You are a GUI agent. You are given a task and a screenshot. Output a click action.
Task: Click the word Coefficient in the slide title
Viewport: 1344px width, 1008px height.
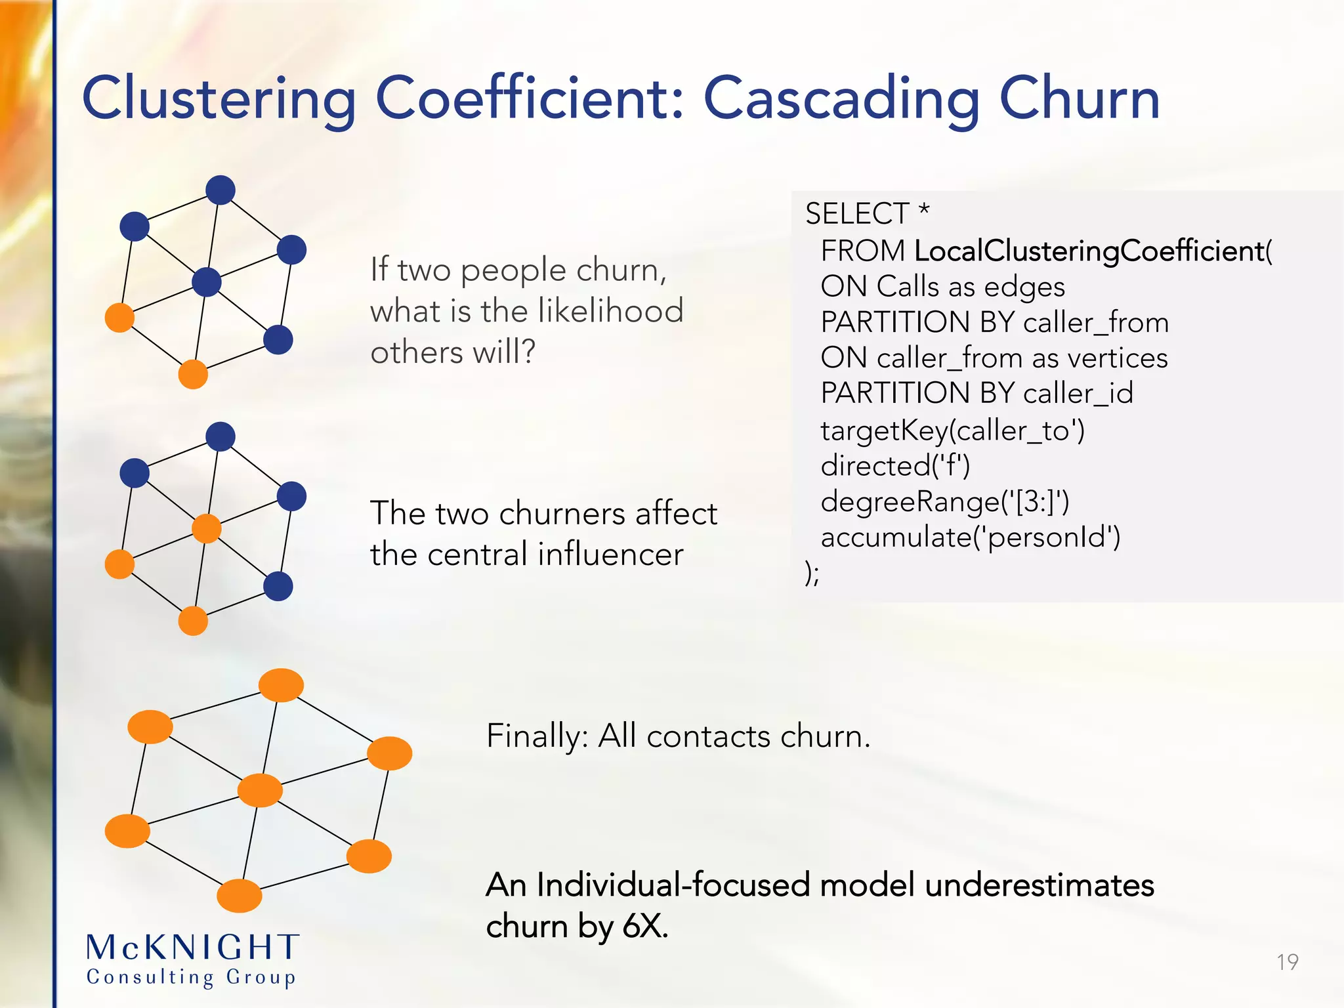tap(530, 98)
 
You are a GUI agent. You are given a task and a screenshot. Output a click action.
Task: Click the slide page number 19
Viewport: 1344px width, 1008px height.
tap(1288, 962)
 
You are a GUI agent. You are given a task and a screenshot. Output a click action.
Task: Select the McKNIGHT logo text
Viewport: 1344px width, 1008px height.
tap(193, 948)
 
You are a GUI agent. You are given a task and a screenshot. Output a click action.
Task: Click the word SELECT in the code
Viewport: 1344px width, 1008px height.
tap(857, 214)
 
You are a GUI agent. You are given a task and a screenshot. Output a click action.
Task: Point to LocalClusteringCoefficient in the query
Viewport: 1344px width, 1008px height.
tap(1089, 251)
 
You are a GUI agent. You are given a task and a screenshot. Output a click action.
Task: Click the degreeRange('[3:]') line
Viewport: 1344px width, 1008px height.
tap(945, 502)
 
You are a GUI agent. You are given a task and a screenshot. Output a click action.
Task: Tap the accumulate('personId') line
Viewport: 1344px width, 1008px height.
tap(970, 537)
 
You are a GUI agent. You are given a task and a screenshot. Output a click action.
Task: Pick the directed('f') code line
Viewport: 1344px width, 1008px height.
tap(895, 467)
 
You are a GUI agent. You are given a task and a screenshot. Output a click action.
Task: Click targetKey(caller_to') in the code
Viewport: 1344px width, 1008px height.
tap(952, 431)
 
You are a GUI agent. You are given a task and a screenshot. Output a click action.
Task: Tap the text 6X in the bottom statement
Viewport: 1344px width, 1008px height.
tap(644, 927)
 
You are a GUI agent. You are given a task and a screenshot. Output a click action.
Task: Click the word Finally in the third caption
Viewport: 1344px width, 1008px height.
tap(537, 736)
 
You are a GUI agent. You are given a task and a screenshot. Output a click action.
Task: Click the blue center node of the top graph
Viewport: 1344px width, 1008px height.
tap(207, 282)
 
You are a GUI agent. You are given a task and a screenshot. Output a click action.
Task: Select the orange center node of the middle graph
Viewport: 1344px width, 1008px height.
tap(207, 528)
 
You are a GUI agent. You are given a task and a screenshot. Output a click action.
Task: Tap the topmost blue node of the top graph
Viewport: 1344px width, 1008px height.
tap(220, 190)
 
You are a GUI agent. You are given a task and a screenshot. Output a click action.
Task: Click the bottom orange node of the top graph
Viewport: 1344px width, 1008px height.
tap(193, 375)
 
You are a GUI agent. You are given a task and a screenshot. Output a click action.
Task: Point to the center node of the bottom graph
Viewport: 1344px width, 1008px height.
tap(260, 790)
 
